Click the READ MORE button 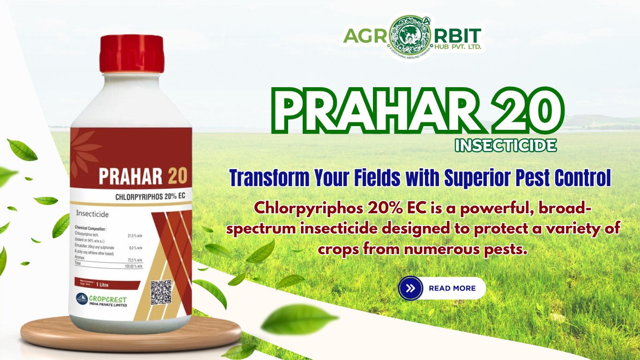pyautogui.click(x=452, y=288)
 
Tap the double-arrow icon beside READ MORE pyautogui.click(x=410, y=288)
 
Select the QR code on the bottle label pyautogui.click(x=161, y=292)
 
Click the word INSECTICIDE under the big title pyautogui.click(x=506, y=145)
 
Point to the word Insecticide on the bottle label pyautogui.click(x=92, y=214)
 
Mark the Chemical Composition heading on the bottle pyautogui.click(x=91, y=228)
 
